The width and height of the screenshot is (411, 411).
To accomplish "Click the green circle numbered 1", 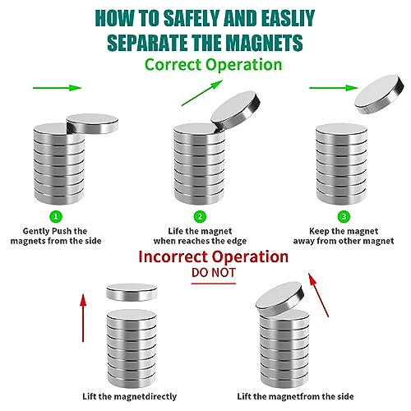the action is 56,216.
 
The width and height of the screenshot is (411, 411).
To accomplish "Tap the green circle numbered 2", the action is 200,216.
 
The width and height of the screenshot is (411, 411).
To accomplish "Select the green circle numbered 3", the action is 344,216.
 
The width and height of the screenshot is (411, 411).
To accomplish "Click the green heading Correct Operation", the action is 213,65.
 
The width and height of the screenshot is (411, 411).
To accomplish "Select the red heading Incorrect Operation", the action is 213,256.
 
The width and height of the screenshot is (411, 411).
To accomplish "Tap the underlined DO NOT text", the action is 214,273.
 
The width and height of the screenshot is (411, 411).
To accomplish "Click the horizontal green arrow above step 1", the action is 58,88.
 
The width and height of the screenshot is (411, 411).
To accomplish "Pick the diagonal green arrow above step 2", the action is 202,93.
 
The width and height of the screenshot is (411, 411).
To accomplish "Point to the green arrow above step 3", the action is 334,88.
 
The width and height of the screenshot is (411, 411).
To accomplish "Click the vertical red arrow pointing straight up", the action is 83,318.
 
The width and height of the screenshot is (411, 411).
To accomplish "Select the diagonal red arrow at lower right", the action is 318,295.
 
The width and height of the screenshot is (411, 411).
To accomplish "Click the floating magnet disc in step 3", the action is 379,95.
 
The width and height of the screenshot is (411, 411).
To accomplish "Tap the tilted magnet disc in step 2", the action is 236,111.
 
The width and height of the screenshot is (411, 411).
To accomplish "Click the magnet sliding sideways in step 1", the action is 92,124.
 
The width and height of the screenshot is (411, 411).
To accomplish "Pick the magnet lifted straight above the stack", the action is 132,292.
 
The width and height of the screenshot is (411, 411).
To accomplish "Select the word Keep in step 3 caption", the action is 319,231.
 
